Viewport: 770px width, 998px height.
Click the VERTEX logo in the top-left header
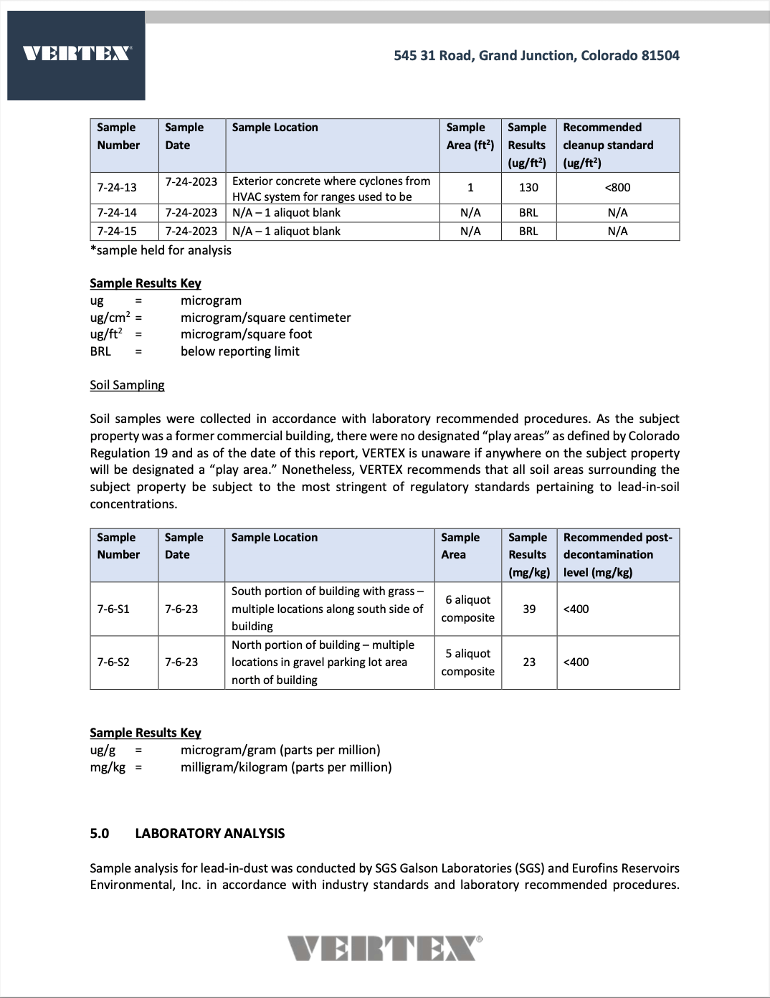[77, 54]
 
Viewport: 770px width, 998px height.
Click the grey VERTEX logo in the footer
[385, 948]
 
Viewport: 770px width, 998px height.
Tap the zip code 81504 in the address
[660, 55]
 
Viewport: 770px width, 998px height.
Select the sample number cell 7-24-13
[117, 188]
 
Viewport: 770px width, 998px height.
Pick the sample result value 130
[528, 188]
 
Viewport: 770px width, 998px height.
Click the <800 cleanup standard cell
[617, 188]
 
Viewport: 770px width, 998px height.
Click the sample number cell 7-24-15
[117, 231]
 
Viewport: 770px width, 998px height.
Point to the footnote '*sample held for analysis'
[161, 250]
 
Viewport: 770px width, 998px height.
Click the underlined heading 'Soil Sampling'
[127, 385]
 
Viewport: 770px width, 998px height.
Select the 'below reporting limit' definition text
[240, 351]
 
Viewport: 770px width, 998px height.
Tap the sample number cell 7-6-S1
[113, 609]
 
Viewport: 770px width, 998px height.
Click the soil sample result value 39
[529, 609]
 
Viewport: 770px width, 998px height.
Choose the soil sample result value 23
[529, 662]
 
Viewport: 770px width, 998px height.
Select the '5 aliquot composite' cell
[468, 662]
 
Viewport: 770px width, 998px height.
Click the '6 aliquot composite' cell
[468, 609]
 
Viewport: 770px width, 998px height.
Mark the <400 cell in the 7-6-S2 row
[576, 662]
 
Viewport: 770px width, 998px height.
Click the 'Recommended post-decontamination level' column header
[617, 555]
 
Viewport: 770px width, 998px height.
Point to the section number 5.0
[100, 833]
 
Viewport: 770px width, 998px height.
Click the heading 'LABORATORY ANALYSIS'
[210, 833]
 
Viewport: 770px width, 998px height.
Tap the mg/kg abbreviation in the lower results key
[108, 767]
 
